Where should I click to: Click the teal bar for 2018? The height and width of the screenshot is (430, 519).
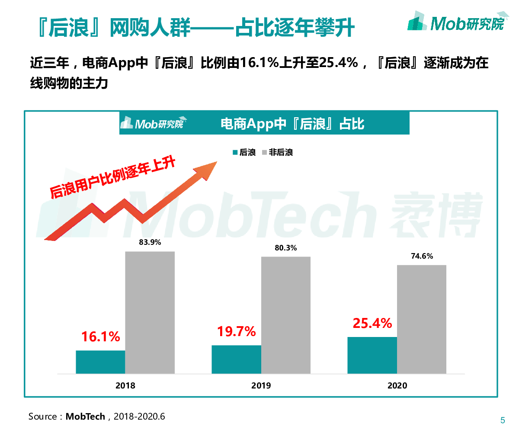100,362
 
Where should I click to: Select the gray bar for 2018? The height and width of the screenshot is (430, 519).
150,312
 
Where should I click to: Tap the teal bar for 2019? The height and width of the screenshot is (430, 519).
236,359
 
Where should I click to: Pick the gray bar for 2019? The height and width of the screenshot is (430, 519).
285,315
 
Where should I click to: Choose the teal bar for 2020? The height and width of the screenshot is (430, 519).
372,355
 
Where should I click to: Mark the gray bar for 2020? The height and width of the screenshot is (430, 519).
421,319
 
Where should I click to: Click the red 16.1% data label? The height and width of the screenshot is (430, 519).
101,337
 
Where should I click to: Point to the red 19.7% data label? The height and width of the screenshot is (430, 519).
237,332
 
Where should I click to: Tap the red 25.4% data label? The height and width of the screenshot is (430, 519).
372,323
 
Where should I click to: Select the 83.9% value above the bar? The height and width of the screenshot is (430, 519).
150,242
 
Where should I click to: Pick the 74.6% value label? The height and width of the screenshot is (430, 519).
422,256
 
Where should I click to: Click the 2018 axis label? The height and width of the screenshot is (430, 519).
125,385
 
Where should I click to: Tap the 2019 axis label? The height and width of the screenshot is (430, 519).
261,385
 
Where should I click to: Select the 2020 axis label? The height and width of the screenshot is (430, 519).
397,385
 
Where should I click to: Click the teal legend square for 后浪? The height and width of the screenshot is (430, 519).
235,153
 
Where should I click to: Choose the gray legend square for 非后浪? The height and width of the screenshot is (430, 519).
265,153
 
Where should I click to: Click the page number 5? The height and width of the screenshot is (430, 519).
503,420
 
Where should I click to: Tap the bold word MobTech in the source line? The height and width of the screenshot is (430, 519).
85,417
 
